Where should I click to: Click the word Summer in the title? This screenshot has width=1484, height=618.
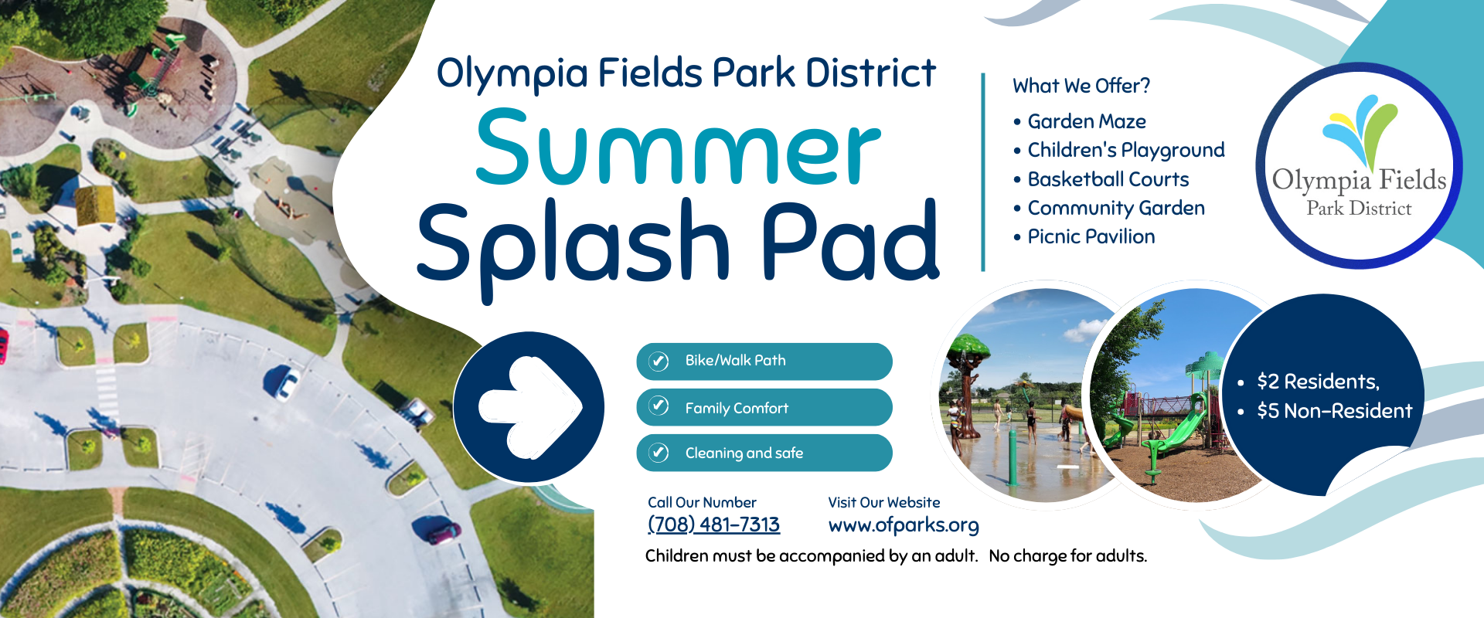click(678, 148)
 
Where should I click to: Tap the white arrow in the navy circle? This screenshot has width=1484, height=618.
click(530, 407)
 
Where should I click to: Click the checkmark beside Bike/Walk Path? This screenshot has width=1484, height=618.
click(659, 361)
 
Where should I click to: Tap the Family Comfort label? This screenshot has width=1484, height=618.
click(737, 408)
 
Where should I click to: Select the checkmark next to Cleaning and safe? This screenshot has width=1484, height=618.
click(659, 453)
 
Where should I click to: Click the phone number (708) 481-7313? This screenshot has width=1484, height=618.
click(713, 525)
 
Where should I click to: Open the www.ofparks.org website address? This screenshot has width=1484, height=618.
click(904, 525)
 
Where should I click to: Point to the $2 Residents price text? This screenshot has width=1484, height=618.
click(1318, 382)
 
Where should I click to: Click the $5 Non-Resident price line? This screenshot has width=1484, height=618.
click(1334, 411)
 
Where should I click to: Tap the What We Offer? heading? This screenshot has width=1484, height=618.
click(1081, 86)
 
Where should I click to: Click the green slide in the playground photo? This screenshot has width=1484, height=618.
click(1179, 433)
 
